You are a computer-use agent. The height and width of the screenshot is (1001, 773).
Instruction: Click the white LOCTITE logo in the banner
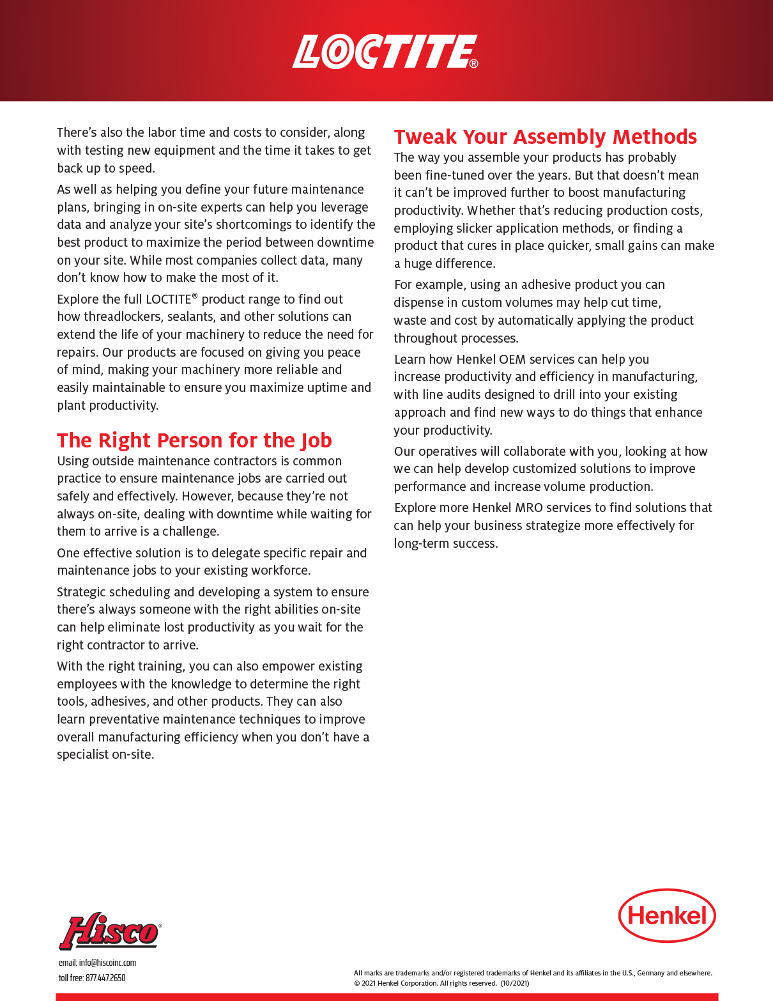point(385,52)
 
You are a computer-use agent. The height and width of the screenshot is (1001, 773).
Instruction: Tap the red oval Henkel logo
point(667,915)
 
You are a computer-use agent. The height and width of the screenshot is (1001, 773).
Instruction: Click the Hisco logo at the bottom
point(110,931)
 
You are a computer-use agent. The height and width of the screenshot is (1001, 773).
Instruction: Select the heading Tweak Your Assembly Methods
point(545,137)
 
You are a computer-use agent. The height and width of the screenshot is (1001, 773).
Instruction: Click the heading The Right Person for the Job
point(194,440)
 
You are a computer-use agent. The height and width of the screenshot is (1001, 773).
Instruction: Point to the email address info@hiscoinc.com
point(107,963)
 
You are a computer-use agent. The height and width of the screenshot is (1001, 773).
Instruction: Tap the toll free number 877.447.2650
point(105,978)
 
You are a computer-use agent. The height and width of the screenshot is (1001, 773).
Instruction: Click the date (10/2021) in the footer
point(514,983)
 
